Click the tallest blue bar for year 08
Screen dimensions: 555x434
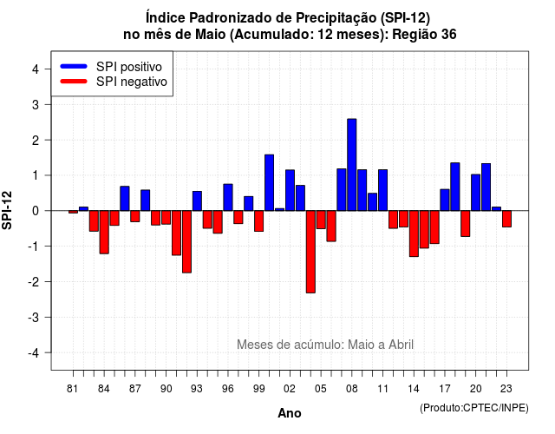(x=351, y=165)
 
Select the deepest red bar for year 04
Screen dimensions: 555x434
(x=310, y=252)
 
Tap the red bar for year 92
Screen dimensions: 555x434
(x=186, y=241)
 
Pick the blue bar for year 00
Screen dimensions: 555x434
(x=269, y=182)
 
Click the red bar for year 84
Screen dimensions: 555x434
(x=104, y=232)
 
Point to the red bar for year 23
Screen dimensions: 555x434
(x=506, y=219)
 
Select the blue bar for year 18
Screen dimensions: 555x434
(x=454, y=187)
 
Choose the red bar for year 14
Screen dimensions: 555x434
(x=414, y=233)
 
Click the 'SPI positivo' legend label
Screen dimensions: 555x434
(x=129, y=67)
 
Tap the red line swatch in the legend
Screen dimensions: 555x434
(x=74, y=81)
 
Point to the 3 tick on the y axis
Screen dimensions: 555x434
(x=48, y=104)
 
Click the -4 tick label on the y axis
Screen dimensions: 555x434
(x=34, y=352)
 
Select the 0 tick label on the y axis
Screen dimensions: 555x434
(x=36, y=211)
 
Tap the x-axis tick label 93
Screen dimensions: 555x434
(x=197, y=389)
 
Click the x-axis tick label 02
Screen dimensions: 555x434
(x=289, y=389)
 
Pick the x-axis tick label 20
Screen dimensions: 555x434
(x=475, y=389)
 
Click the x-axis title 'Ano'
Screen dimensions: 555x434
(x=290, y=413)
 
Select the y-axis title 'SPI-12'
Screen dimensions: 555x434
(x=7, y=210)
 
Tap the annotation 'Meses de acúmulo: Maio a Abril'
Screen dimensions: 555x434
(x=325, y=345)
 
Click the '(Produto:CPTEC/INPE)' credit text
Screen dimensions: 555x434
(x=474, y=408)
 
